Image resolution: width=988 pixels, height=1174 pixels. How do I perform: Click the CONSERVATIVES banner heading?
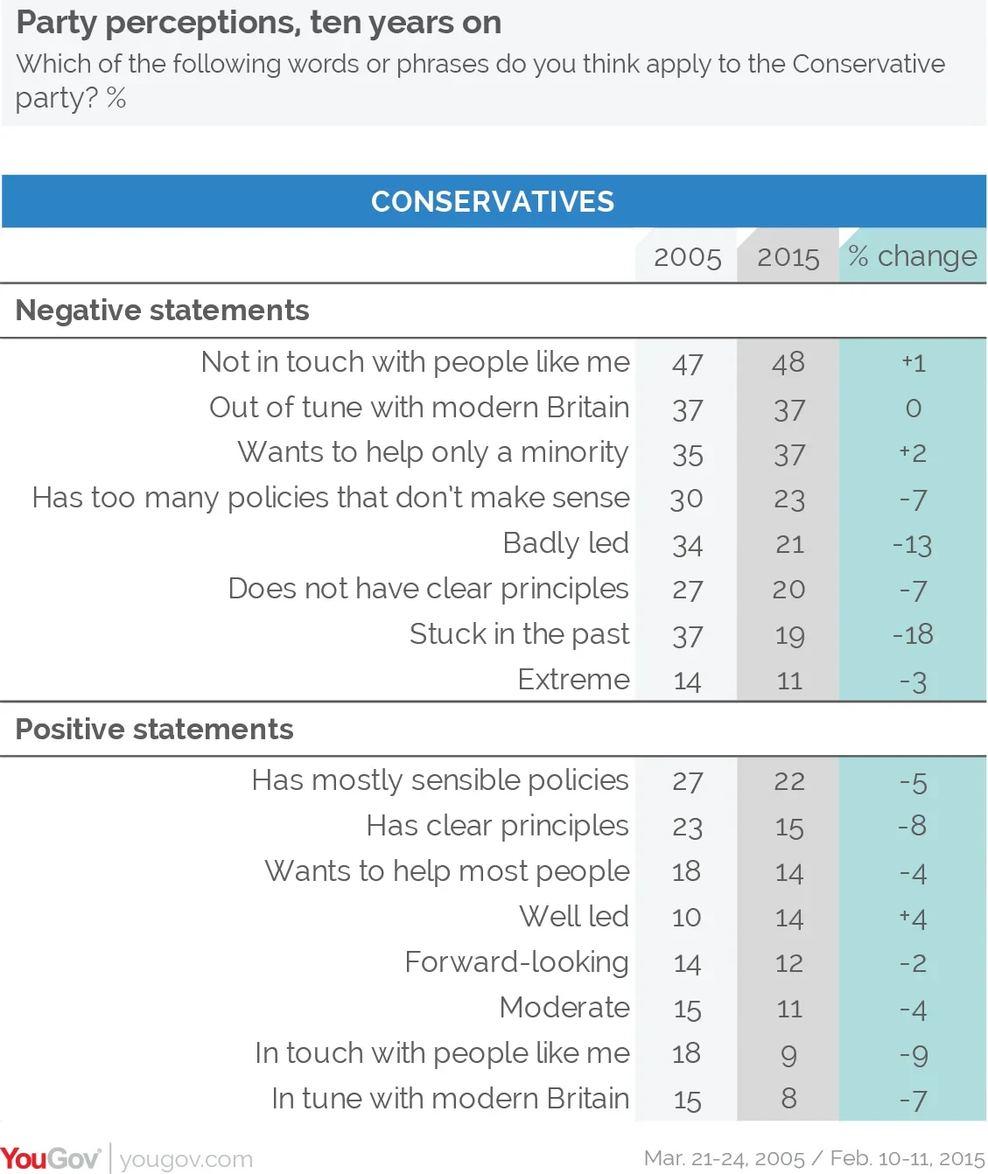point(493,201)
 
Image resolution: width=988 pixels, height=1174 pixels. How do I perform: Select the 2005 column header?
point(687,258)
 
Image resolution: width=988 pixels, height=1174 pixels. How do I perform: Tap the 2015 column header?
point(788,258)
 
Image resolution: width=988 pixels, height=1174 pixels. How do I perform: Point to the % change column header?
point(912,257)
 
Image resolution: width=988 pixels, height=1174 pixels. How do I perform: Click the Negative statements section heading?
point(162,311)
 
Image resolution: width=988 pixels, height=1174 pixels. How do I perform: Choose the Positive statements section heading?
point(154,730)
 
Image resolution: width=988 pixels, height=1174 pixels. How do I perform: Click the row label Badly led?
point(565,543)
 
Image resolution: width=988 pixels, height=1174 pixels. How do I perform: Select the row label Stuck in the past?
point(519,634)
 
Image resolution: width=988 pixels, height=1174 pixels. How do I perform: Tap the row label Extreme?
point(573,679)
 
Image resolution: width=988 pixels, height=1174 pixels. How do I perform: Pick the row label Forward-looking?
point(516,962)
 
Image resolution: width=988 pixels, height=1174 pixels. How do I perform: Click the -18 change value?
point(913,634)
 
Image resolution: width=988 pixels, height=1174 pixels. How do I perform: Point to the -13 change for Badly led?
point(912,545)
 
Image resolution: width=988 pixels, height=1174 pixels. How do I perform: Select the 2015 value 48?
point(788,363)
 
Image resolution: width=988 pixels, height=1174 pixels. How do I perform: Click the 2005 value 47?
point(687,364)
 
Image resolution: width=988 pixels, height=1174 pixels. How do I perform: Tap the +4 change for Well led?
point(913,919)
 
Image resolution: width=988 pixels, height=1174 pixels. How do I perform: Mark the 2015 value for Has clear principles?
point(788,828)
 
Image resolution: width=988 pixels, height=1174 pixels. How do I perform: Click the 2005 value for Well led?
point(686,918)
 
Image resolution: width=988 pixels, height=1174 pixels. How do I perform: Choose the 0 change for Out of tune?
point(913,409)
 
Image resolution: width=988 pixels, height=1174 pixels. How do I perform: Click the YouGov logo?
point(51,1158)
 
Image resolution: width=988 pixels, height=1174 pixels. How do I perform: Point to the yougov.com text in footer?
point(186,1160)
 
